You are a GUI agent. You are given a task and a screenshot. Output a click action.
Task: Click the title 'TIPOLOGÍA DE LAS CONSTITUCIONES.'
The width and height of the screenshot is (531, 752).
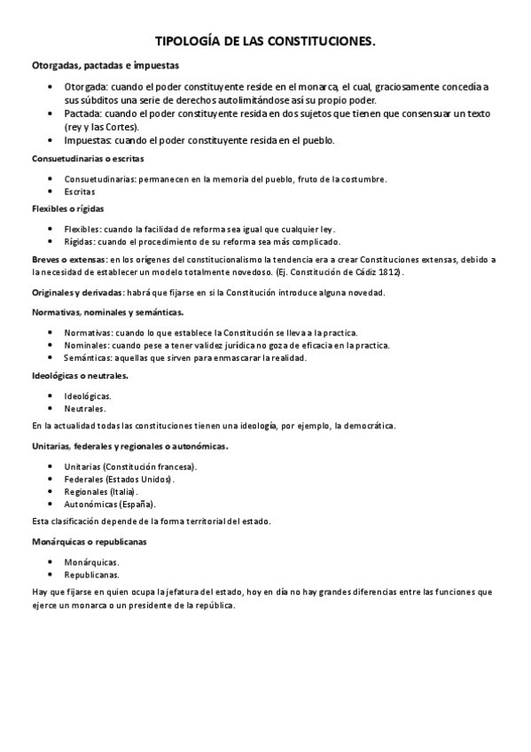tap(265, 41)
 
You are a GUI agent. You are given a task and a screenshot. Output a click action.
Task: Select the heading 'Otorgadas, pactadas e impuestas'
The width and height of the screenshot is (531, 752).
tap(105, 66)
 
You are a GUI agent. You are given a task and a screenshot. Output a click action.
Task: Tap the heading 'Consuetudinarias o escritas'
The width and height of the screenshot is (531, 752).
tap(88, 159)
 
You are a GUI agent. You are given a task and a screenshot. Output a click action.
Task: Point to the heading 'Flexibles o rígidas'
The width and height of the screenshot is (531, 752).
tap(68, 208)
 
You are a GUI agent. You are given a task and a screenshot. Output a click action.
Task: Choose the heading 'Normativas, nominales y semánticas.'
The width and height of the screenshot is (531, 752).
tap(108, 312)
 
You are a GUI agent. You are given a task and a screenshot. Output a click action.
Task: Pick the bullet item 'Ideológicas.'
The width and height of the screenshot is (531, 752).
tap(88, 396)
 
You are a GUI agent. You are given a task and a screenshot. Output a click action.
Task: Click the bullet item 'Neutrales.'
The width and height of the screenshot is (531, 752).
tap(84, 409)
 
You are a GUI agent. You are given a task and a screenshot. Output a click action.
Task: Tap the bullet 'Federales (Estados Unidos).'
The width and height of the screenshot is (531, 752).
tap(119, 479)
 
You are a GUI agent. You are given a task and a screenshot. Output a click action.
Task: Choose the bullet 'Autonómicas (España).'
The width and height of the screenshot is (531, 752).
tap(110, 504)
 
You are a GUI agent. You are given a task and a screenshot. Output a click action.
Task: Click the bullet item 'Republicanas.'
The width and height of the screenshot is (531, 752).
tap(92, 574)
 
